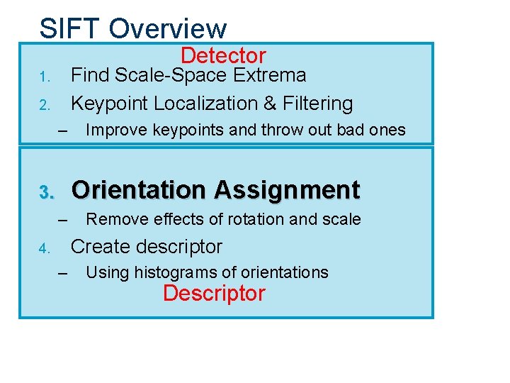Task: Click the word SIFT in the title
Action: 70,28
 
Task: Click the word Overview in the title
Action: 169,28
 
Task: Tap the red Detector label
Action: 223,55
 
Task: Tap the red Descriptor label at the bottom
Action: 214,293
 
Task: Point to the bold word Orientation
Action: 138,190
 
